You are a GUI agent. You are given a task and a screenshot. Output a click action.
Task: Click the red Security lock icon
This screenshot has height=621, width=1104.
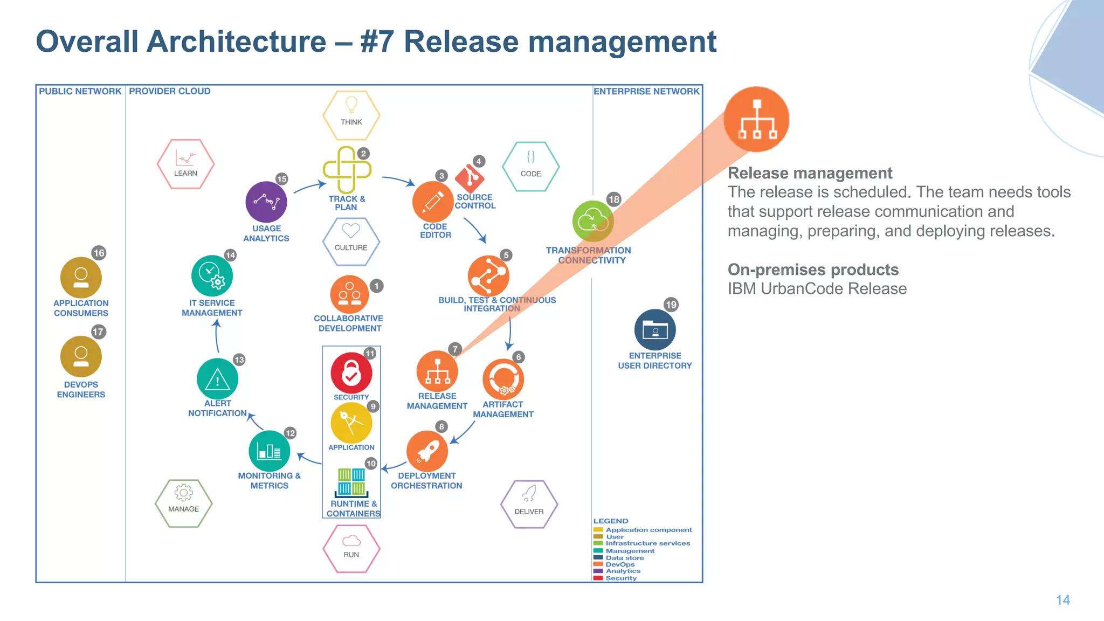pyautogui.click(x=351, y=372)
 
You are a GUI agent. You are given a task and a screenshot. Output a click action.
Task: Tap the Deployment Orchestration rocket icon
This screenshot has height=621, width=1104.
pyautogui.click(x=427, y=451)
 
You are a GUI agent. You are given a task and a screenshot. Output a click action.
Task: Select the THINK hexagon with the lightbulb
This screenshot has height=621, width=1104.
pyautogui.click(x=351, y=115)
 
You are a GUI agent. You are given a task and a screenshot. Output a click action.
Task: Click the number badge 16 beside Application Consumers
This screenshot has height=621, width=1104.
pyautogui.click(x=99, y=253)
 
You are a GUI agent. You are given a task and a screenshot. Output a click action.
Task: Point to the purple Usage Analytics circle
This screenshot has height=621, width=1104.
pyautogui.click(x=266, y=202)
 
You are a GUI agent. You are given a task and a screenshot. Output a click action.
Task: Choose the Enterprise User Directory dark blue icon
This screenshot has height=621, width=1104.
pyautogui.click(x=655, y=329)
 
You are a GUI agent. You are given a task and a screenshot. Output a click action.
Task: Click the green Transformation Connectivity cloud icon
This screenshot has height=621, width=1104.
pyautogui.click(x=592, y=221)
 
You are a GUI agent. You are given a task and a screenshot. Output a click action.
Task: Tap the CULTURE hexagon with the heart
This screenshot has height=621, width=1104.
pyautogui.click(x=351, y=241)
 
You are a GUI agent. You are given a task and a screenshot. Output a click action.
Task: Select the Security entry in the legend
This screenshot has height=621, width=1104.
pyautogui.click(x=620, y=578)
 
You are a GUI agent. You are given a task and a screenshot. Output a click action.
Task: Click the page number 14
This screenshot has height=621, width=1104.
pyautogui.click(x=1062, y=600)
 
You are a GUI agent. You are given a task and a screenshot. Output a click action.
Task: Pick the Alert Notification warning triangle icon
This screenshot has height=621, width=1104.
pyautogui.click(x=217, y=379)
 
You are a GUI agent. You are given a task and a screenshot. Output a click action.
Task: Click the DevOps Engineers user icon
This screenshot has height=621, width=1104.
pyautogui.click(x=81, y=356)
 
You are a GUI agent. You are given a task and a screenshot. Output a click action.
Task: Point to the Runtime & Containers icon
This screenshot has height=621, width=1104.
pyautogui.click(x=351, y=482)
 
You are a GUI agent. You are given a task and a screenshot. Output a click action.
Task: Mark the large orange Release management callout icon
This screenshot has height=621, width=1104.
pyautogui.click(x=756, y=119)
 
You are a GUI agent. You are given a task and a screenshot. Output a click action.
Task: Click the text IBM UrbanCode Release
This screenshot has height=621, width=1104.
pyautogui.click(x=817, y=289)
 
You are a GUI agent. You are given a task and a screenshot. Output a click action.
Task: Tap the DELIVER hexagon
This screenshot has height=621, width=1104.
pyautogui.click(x=529, y=504)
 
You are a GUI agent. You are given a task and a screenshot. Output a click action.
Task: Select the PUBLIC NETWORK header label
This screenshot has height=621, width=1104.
pyautogui.click(x=80, y=91)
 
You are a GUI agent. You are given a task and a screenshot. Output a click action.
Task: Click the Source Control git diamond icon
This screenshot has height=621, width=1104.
pyautogui.click(x=470, y=177)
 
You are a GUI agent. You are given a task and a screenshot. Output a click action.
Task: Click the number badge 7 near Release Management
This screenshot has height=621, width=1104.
pyautogui.click(x=455, y=349)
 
